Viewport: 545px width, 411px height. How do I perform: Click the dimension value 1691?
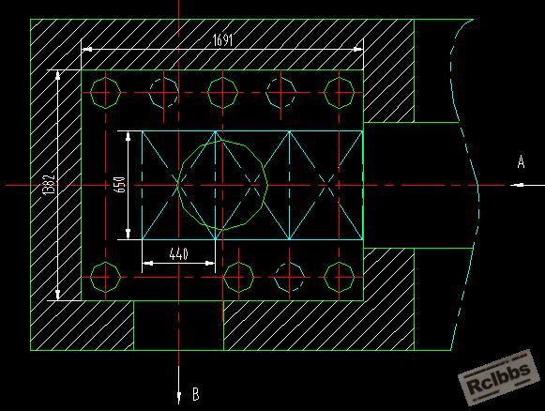click(x=222, y=40)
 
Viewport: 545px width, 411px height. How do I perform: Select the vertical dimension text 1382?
click(x=50, y=185)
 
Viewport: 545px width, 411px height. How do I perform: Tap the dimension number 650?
click(x=119, y=185)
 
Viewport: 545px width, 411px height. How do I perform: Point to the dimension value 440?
click(x=178, y=254)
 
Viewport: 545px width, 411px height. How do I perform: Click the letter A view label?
click(x=521, y=162)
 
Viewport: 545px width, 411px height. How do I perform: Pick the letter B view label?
click(x=196, y=394)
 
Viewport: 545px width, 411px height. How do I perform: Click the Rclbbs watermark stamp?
click(x=499, y=377)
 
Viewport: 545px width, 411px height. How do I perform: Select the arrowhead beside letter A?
click(x=518, y=185)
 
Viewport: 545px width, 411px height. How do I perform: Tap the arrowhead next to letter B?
click(x=178, y=398)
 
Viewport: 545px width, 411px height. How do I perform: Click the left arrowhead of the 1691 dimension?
click(x=87, y=50)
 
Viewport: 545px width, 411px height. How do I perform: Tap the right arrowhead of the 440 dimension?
click(x=210, y=264)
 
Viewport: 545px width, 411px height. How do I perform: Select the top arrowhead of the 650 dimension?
click(x=129, y=136)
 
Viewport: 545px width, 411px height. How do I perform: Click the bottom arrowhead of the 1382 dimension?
click(x=58, y=295)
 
